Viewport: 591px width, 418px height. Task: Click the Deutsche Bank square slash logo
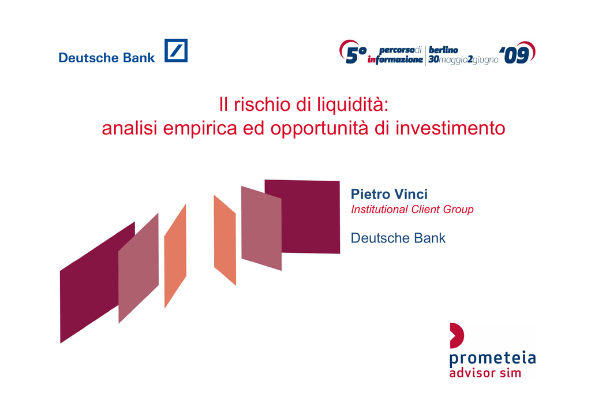click(176, 50)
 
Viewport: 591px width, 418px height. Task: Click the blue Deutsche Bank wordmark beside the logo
click(107, 58)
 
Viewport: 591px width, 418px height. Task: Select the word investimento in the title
click(450, 128)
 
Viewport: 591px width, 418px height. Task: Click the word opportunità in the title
click(319, 129)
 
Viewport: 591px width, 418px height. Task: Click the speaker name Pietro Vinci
click(390, 194)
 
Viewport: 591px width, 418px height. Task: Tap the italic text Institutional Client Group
click(412, 209)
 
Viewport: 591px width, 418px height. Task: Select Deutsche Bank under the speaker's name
click(398, 238)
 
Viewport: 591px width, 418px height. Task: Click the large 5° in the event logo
click(356, 55)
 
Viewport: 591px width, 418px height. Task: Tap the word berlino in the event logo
click(443, 50)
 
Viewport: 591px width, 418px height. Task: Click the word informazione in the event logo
click(395, 59)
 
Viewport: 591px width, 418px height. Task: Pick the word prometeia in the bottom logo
click(492, 359)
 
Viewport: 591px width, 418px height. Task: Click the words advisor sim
click(485, 373)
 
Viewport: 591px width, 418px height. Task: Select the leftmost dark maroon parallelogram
click(96, 283)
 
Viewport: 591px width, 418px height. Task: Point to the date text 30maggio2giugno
click(463, 60)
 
